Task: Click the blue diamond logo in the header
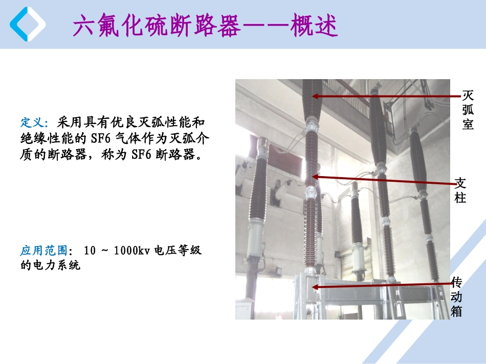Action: pyautogui.click(x=27, y=24)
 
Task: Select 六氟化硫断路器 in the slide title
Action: pyautogui.click(x=156, y=26)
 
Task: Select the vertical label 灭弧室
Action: pyautogui.click(x=468, y=109)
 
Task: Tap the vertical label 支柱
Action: pyautogui.click(x=460, y=190)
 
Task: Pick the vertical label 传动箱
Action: pyautogui.click(x=457, y=296)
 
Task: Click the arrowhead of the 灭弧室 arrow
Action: pyautogui.click(x=316, y=95)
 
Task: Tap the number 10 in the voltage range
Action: pyautogui.click(x=90, y=251)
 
